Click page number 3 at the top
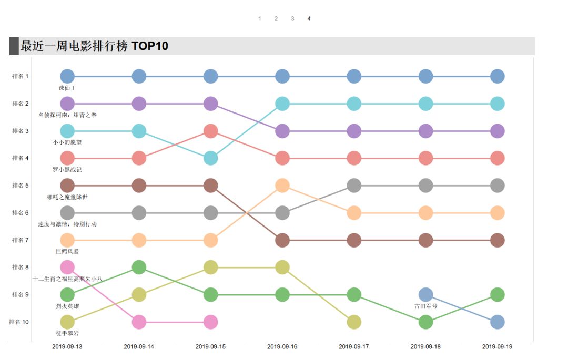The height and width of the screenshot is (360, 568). (292, 19)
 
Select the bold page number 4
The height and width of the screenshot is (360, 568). (309, 19)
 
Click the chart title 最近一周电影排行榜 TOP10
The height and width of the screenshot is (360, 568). (94, 46)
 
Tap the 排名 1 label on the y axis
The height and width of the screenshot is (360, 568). (21, 76)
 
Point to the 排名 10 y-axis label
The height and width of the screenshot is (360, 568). (19, 322)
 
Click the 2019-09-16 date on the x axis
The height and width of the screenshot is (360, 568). (282, 347)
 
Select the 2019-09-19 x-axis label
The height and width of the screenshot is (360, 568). (497, 347)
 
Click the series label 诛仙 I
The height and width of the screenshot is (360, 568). (67, 88)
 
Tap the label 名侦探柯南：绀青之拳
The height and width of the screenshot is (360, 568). (67, 115)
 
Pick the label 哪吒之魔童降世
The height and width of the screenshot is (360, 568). (67, 197)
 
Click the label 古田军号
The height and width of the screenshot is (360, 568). (425, 306)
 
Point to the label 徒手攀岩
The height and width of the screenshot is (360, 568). (67, 333)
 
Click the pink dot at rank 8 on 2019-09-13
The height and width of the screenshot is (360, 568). (67, 268)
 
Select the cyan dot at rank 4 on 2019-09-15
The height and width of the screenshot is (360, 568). (210, 158)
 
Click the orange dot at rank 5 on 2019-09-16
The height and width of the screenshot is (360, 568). (282, 186)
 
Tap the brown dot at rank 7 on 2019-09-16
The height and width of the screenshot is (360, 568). (282, 240)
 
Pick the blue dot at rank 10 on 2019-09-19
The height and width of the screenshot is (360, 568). (498, 322)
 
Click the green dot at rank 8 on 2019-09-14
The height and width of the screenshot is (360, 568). (139, 268)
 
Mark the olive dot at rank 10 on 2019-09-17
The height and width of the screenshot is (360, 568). (354, 322)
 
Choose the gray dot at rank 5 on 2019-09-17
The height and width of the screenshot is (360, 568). (354, 186)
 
